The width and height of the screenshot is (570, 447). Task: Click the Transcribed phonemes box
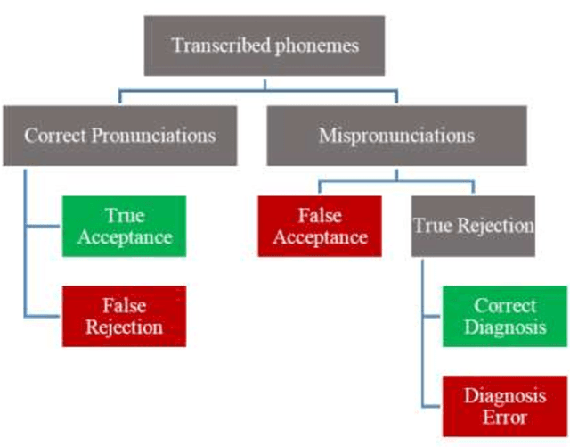click(264, 45)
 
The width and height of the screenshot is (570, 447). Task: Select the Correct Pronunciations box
click(120, 135)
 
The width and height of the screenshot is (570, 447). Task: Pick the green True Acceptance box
click(124, 227)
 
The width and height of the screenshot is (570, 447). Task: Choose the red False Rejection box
click(124, 316)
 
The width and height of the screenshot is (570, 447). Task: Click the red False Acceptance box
click(320, 226)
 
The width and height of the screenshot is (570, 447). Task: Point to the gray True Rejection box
click(473, 226)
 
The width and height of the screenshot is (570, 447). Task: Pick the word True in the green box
click(124, 215)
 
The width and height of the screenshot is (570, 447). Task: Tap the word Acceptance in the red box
click(320, 237)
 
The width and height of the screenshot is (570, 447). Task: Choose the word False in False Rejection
click(124, 305)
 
